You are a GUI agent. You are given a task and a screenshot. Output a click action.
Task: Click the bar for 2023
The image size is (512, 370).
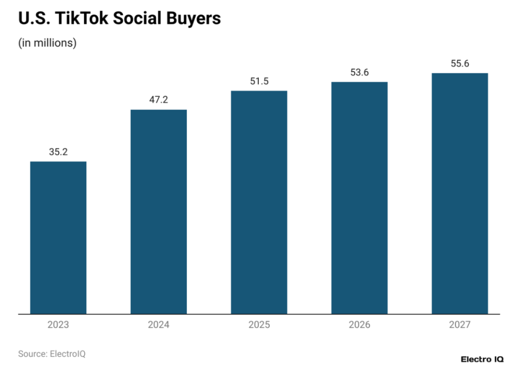point(58,237)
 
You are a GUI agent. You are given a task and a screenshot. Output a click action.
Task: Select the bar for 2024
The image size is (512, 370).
point(159,212)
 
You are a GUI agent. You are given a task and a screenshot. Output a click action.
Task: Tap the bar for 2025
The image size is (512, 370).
point(259,202)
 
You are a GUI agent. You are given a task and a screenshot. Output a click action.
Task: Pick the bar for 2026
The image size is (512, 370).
point(359,198)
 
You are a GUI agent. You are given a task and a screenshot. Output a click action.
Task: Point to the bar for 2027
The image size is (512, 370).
point(459,194)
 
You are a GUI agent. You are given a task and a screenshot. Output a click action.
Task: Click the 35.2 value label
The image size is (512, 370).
point(58,152)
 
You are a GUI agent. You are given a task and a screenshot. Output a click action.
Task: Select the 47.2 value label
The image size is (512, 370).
point(159,100)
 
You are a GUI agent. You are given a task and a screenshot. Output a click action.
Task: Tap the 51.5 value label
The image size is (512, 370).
point(259,81)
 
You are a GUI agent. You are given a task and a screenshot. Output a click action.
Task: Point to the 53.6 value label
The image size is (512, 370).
point(359,72)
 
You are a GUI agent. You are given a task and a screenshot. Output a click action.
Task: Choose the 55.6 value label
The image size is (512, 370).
point(459,64)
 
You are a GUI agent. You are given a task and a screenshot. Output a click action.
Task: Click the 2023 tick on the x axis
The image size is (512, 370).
point(58,325)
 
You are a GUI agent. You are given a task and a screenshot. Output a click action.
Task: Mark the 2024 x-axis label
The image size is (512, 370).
point(159,325)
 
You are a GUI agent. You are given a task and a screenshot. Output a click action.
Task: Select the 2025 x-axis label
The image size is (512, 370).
point(259,325)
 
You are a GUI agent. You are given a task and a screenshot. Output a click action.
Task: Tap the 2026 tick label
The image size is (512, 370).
point(359,325)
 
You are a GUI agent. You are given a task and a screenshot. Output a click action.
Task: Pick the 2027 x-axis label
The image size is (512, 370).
point(459,325)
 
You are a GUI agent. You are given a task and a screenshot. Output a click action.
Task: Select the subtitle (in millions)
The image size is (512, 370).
point(47,43)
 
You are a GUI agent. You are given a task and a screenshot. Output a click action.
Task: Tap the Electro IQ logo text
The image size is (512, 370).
point(482,360)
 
